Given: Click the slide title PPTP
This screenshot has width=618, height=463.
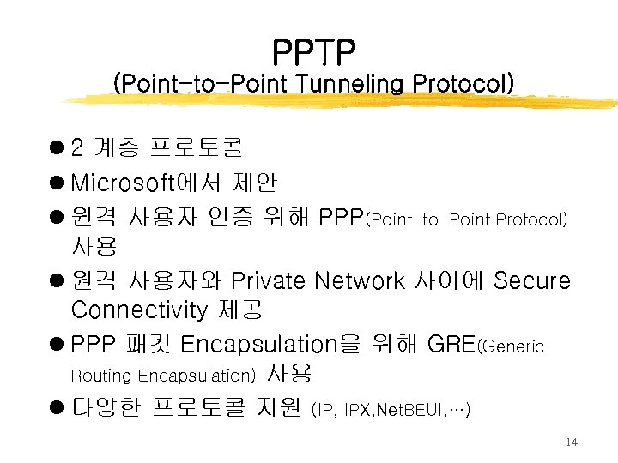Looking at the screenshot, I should click(313, 53).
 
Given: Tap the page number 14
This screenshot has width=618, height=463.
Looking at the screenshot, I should click(573, 442).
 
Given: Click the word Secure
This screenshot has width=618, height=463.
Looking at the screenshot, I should click(533, 280).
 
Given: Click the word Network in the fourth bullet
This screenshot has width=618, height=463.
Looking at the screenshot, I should click(359, 280).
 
